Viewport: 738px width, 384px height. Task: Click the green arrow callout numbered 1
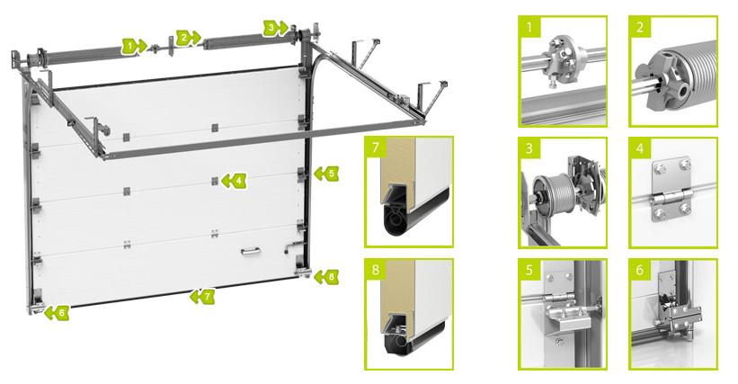click(134, 46)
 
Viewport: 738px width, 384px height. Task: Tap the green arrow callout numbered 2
click(189, 38)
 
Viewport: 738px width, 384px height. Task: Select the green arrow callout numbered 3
click(275, 28)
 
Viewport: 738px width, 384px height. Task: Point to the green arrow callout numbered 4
click(234, 180)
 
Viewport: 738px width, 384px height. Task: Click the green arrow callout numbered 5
click(326, 174)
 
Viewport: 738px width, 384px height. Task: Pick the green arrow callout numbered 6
click(57, 313)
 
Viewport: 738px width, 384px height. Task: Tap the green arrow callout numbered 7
click(202, 296)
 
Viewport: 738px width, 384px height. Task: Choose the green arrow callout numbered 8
click(326, 277)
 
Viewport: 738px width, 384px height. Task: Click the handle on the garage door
click(251, 252)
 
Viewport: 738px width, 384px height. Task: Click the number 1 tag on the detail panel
click(529, 27)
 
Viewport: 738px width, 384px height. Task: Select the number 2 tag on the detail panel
click(640, 27)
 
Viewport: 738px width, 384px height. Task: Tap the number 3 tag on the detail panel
click(529, 148)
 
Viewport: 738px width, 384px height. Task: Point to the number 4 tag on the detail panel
click(640, 148)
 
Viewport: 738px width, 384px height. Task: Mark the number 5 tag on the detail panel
click(529, 270)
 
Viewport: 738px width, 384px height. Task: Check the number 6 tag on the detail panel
click(640, 270)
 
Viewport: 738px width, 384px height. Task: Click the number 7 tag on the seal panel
click(376, 147)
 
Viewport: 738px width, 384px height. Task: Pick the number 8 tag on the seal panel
click(376, 270)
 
